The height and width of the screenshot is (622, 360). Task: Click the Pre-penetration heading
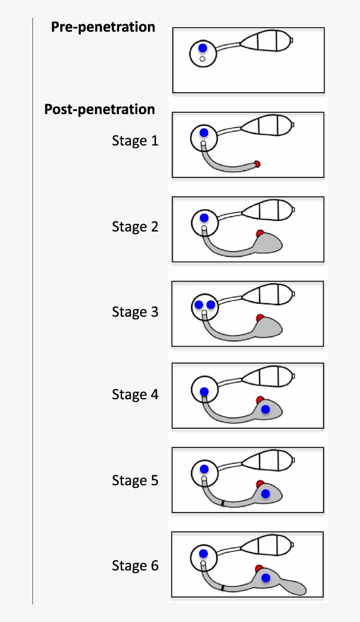coord(103,27)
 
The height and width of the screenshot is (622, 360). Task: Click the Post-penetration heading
coord(100,109)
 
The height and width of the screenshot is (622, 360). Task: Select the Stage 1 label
coord(135,141)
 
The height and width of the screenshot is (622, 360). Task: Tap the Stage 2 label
coord(135,227)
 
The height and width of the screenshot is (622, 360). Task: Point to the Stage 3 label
coord(135,312)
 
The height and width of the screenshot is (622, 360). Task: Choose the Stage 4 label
coord(135,394)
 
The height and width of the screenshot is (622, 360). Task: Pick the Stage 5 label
coord(135,480)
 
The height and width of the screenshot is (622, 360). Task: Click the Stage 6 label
coord(135,565)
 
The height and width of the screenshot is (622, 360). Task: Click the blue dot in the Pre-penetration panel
coord(202,48)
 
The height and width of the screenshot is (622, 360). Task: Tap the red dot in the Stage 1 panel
coord(258,164)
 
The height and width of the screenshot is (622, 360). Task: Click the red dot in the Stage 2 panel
coord(260,233)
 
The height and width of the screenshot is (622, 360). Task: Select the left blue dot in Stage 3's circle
coord(199,304)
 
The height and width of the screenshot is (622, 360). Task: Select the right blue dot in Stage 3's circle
coord(211,304)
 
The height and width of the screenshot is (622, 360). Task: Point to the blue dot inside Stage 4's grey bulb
coord(265,409)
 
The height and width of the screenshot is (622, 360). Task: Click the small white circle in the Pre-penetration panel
coord(202,59)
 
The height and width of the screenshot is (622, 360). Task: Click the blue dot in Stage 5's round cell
coord(204,469)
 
